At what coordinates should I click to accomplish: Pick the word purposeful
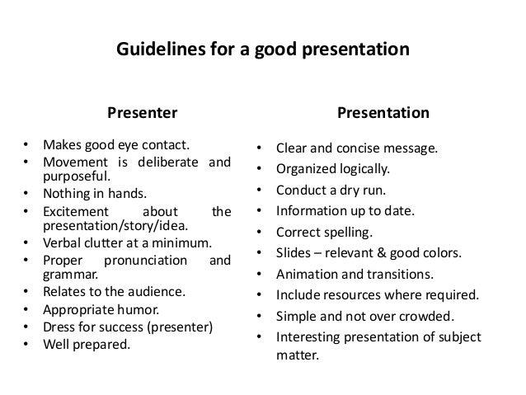pyautogui.click(x=76, y=176)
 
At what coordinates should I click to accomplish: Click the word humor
pyautogui.click(x=144, y=310)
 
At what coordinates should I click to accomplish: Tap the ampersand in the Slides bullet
pyautogui.click(x=375, y=252)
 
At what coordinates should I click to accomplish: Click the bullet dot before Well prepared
pyautogui.click(x=28, y=343)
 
